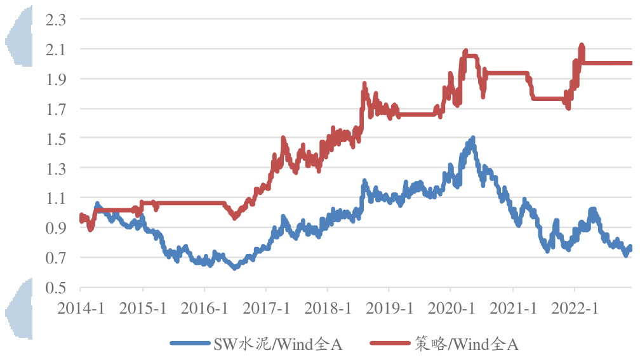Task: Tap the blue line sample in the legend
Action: click(x=191, y=344)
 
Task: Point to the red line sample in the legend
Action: click(x=392, y=344)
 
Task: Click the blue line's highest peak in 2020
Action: click(x=472, y=138)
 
